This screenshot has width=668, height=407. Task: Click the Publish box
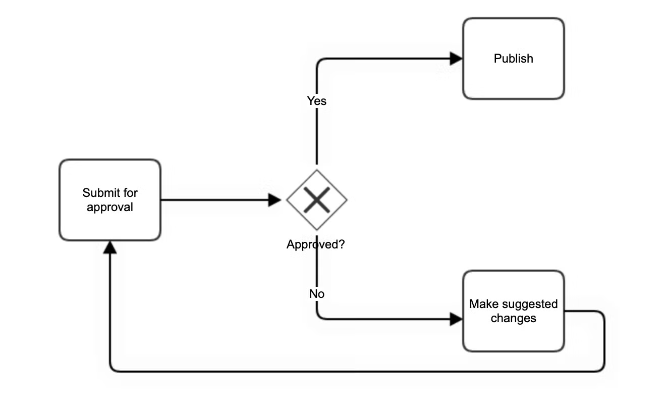513,76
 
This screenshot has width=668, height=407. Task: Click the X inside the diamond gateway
317,200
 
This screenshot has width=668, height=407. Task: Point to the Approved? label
316,245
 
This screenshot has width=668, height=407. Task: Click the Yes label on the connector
317,101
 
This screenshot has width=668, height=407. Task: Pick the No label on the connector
317,293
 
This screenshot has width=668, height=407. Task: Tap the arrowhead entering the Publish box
456,59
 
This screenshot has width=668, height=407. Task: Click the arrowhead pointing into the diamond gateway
274,200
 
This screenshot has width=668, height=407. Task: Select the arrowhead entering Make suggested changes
456,319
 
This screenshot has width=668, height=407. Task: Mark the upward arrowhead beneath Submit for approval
110,247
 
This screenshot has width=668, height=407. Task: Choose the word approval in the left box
110,207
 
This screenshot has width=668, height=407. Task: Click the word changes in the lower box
513,318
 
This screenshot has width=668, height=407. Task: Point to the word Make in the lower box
481,304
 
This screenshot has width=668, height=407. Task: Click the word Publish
513,59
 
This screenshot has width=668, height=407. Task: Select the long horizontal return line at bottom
353,372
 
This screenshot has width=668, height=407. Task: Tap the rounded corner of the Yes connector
319,62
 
